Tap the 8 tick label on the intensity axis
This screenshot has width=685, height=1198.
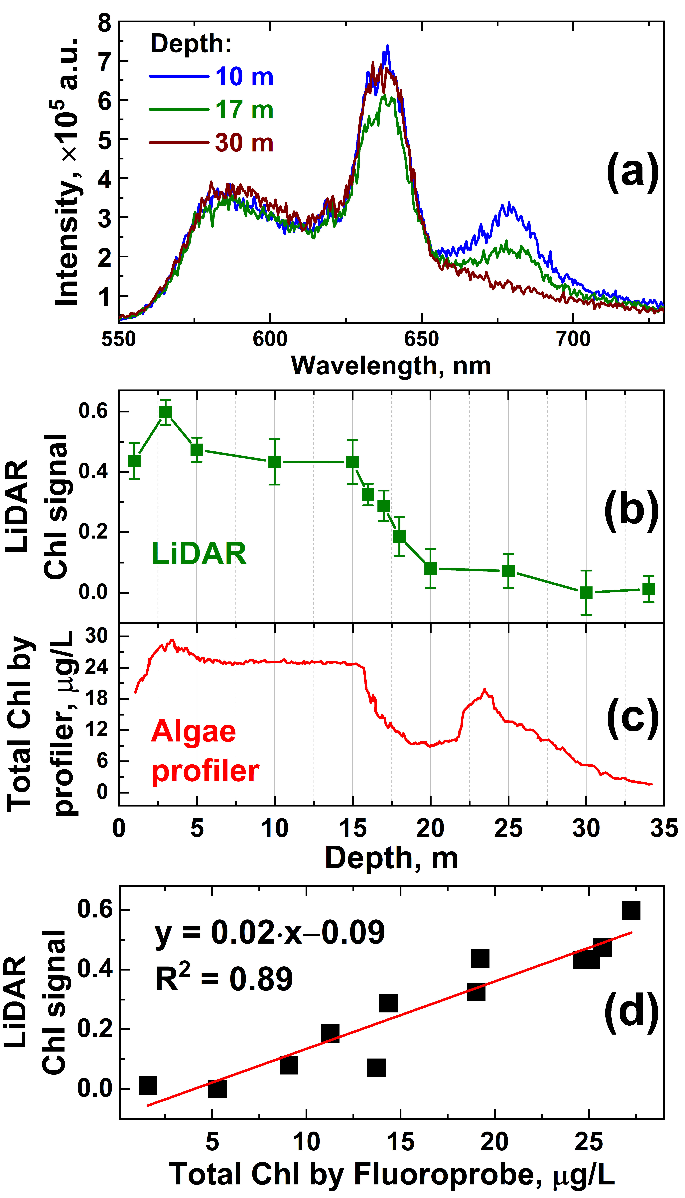point(104,23)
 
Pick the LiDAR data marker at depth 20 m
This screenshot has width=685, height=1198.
point(430,568)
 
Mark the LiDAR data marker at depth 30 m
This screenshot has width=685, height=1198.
point(586,592)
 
